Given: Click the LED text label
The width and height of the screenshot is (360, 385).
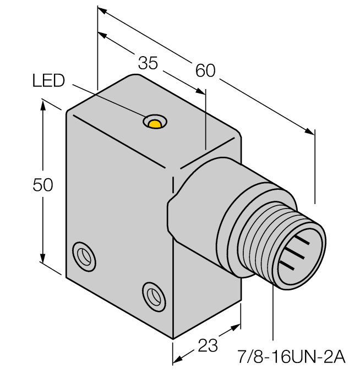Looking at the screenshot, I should (x=48, y=81).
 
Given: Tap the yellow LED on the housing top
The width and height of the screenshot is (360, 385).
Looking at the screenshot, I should (x=156, y=123).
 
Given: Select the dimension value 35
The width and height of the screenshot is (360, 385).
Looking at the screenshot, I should (x=148, y=63).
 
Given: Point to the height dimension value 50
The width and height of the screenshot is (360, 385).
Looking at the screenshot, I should (x=42, y=186).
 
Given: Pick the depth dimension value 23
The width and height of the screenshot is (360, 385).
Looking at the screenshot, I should (x=207, y=346).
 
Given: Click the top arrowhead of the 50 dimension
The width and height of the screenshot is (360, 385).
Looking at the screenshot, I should (x=42, y=104).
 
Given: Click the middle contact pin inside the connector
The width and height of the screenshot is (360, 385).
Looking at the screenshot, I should (x=295, y=251).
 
